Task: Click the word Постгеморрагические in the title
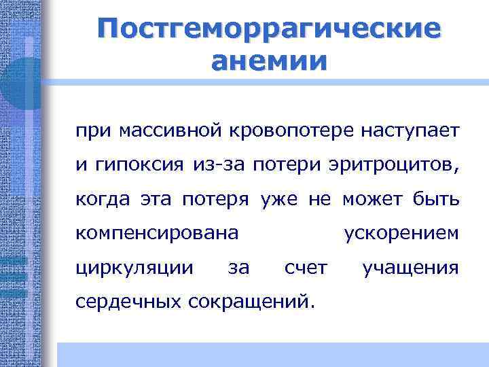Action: click(268, 29)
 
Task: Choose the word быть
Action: click(435, 200)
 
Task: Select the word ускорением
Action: click(401, 234)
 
